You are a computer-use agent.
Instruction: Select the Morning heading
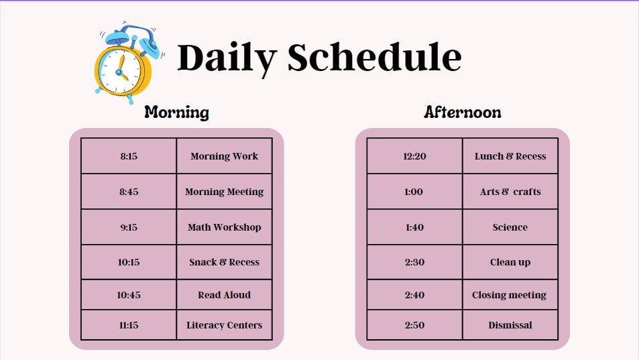(x=176, y=112)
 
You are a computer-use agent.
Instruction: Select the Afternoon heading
(x=462, y=112)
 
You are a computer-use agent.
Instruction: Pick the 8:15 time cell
(x=129, y=156)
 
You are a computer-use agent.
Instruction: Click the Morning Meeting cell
(x=224, y=192)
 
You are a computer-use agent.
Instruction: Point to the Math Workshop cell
(x=224, y=227)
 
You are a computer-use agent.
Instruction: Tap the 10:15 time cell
(x=129, y=262)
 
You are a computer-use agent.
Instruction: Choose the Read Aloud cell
(x=224, y=295)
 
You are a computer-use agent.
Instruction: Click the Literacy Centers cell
(x=224, y=325)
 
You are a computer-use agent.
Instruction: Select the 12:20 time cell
(x=414, y=156)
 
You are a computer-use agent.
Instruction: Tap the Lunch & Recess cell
(x=510, y=156)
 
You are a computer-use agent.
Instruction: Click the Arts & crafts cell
(x=510, y=192)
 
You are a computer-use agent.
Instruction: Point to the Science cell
(x=510, y=227)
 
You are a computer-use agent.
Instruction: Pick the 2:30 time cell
(x=414, y=262)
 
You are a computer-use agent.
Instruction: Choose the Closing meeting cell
(x=510, y=295)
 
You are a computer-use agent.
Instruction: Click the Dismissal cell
(x=510, y=325)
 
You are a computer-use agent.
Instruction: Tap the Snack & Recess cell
(x=224, y=262)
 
